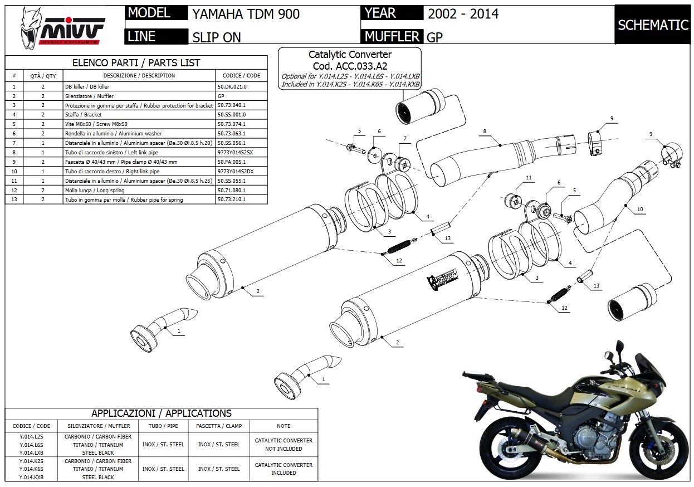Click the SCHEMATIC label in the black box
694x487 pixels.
[653, 25]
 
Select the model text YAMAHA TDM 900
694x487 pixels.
[246, 14]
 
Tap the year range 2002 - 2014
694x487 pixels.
[462, 14]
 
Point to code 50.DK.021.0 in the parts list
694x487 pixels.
[232, 86]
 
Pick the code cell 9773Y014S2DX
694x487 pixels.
[235, 171]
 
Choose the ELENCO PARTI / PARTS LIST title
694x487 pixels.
[136, 63]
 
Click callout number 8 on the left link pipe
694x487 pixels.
[485, 132]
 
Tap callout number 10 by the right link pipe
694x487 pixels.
[640, 209]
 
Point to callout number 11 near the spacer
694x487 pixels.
[529, 178]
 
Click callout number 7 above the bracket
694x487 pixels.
[405, 138]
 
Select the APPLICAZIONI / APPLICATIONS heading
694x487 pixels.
[161, 413]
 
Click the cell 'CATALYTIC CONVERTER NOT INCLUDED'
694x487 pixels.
[284, 444]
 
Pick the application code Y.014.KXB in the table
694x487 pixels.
[31, 477]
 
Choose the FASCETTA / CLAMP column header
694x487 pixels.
[219, 426]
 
